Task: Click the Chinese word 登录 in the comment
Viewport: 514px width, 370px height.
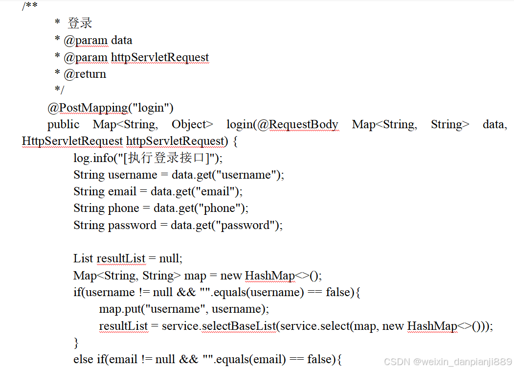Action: [80, 23]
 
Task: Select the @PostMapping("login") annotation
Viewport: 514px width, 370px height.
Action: [111, 108]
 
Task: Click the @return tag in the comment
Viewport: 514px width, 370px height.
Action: [85, 74]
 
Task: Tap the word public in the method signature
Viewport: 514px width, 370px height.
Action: [63, 124]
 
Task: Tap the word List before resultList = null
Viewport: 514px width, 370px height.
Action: [83, 258]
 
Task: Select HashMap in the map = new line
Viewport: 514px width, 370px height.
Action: [269, 276]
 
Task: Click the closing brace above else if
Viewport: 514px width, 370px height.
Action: [76, 342]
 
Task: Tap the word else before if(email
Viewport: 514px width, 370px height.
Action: [83, 360]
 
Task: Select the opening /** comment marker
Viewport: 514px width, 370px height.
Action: [30, 6]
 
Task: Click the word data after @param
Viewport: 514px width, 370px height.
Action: [122, 40]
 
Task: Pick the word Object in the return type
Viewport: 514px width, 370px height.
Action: [192, 124]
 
